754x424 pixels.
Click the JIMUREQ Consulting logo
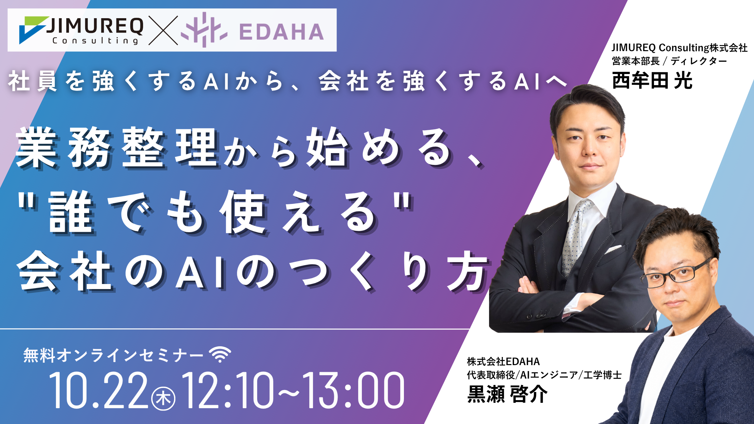(81, 30)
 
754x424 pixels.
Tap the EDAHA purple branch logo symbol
(204, 30)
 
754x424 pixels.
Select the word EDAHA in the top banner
(281, 32)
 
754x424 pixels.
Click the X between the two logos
(163, 30)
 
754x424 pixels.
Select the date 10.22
(98, 390)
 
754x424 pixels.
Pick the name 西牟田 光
(652, 80)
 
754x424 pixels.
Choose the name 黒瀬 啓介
(507, 394)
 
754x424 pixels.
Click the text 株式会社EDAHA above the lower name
(503, 361)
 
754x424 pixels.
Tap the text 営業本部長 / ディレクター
(669, 61)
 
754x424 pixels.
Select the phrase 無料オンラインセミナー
(113, 355)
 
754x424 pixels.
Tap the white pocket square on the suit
(613, 249)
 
